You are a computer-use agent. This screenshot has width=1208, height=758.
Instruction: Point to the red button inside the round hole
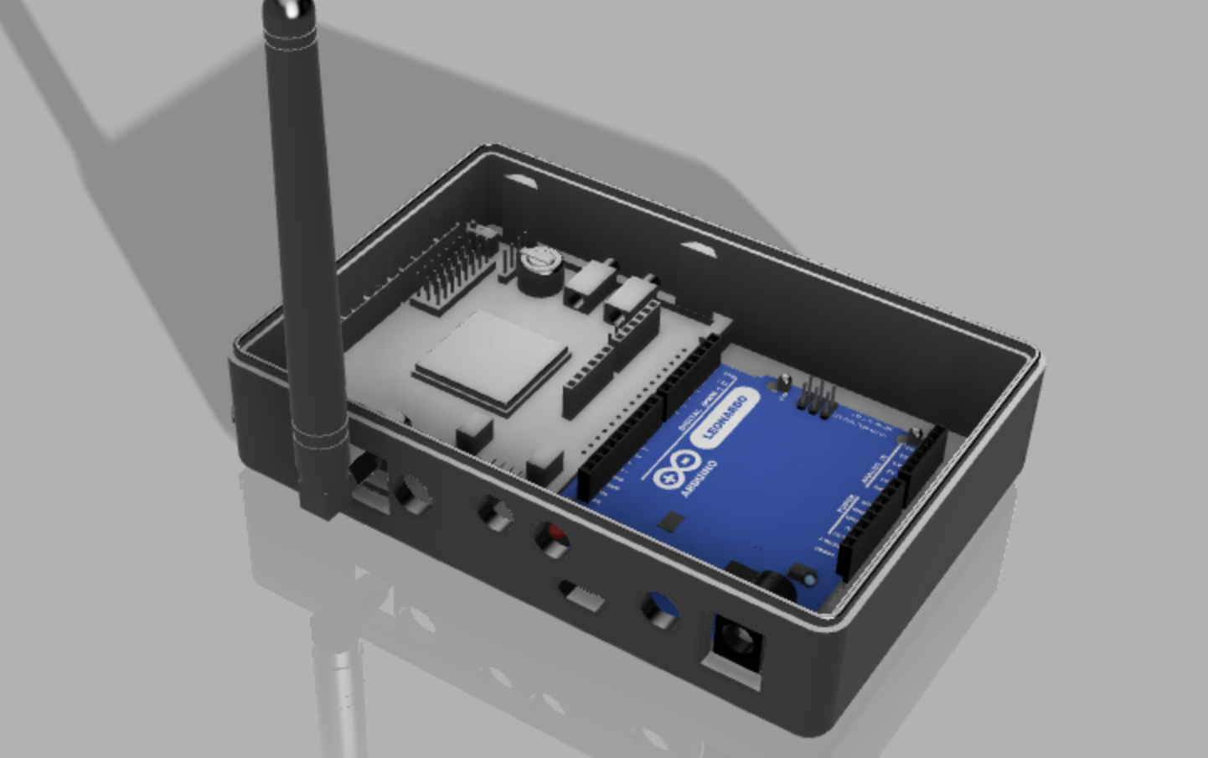point(554,534)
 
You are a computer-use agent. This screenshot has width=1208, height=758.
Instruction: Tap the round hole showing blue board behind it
point(657,607)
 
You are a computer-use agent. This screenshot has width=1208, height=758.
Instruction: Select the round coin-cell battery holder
point(537,267)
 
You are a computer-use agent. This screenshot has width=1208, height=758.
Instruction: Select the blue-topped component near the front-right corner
point(808,579)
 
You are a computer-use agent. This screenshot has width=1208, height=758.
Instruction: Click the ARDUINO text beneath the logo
point(699,477)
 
